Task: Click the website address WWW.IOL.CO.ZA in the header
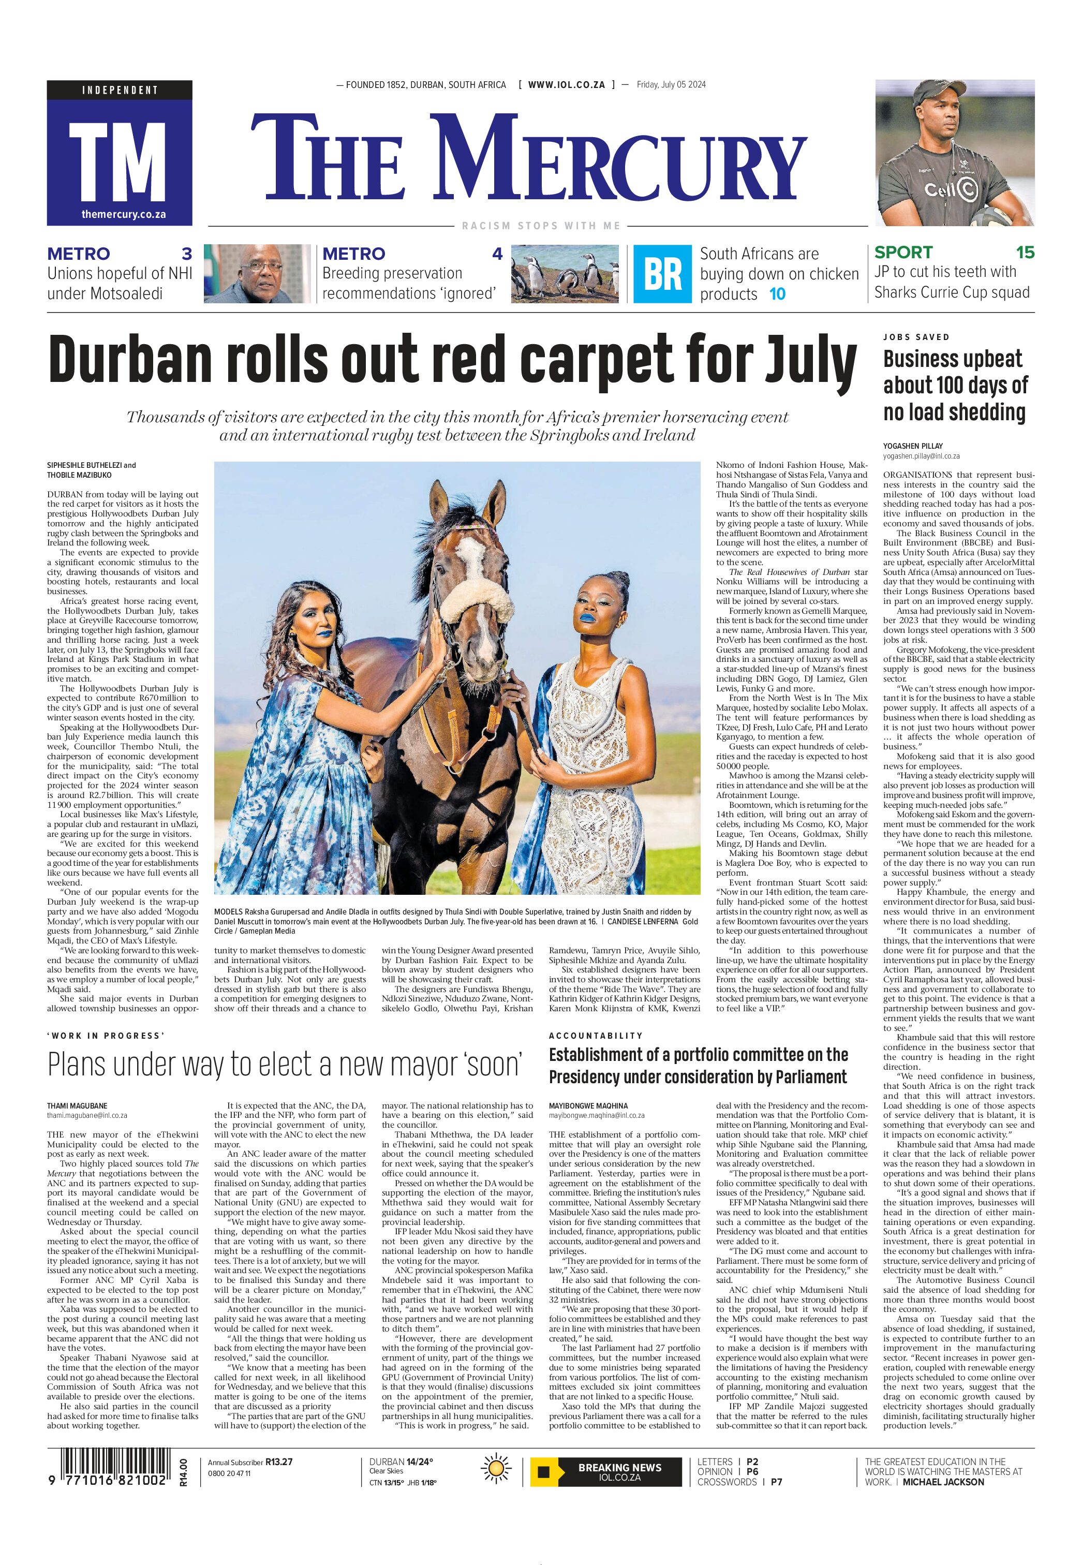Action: coord(566,85)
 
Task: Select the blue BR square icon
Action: coord(662,274)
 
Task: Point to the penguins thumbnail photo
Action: coord(565,273)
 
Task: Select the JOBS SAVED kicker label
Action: coord(916,337)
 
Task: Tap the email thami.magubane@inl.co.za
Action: coord(87,1115)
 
